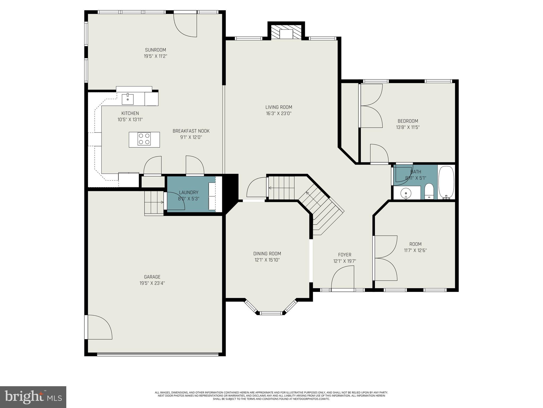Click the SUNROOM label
(x=155, y=50)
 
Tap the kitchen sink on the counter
(x=128, y=99)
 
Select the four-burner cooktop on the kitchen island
(x=144, y=139)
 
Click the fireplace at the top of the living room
(x=286, y=33)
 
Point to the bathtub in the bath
(x=446, y=182)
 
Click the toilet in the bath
(x=429, y=192)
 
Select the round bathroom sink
(x=406, y=193)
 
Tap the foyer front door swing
(x=343, y=278)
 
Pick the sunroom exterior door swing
(x=185, y=25)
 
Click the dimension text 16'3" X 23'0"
(x=279, y=113)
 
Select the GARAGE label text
(x=152, y=277)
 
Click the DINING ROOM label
(x=267, y=254)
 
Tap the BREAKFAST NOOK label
(x=191, y=131)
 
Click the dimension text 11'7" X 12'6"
(x=415, y=250)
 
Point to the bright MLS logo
(x=33, y=397)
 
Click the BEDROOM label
(x=408, y=121)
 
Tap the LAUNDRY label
(x=189, y=192)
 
